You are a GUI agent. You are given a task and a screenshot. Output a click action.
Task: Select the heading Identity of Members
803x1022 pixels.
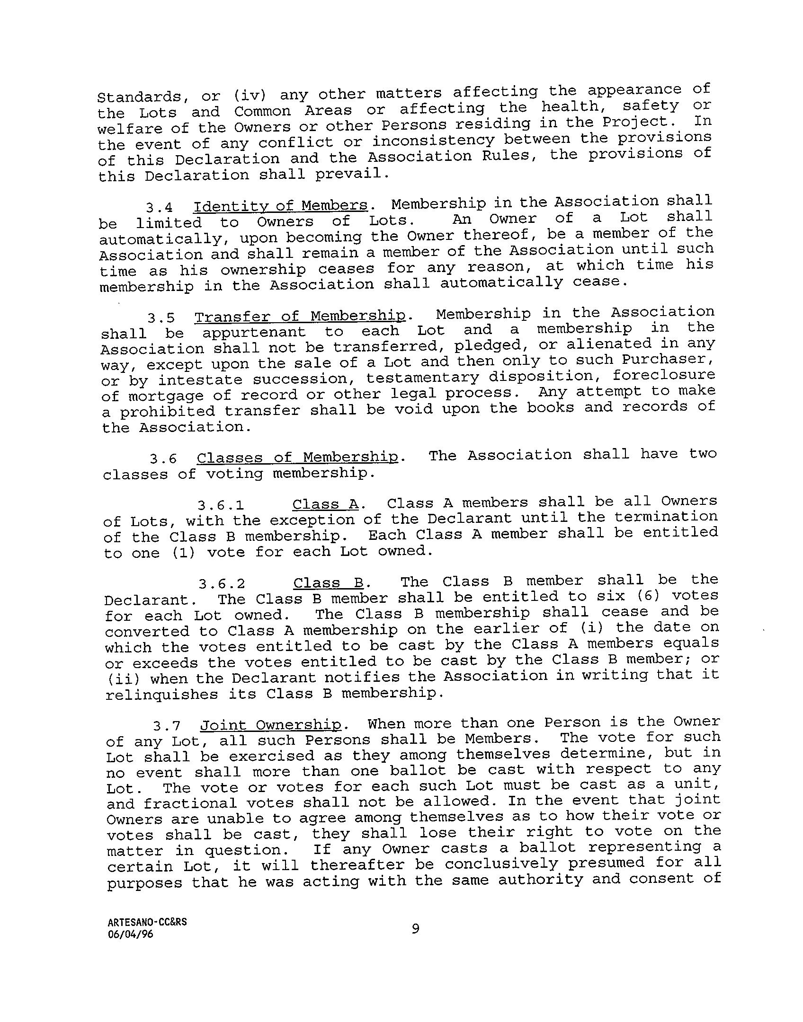(280, 206)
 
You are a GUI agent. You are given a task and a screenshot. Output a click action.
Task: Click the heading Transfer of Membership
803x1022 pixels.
(301, 317)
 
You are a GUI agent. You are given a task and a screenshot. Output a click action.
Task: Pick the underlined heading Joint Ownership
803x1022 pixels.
(271, 725)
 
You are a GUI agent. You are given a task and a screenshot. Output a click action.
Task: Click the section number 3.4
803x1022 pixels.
(159, 208)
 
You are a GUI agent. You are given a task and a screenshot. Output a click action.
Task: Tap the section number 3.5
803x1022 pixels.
(161, 318)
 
